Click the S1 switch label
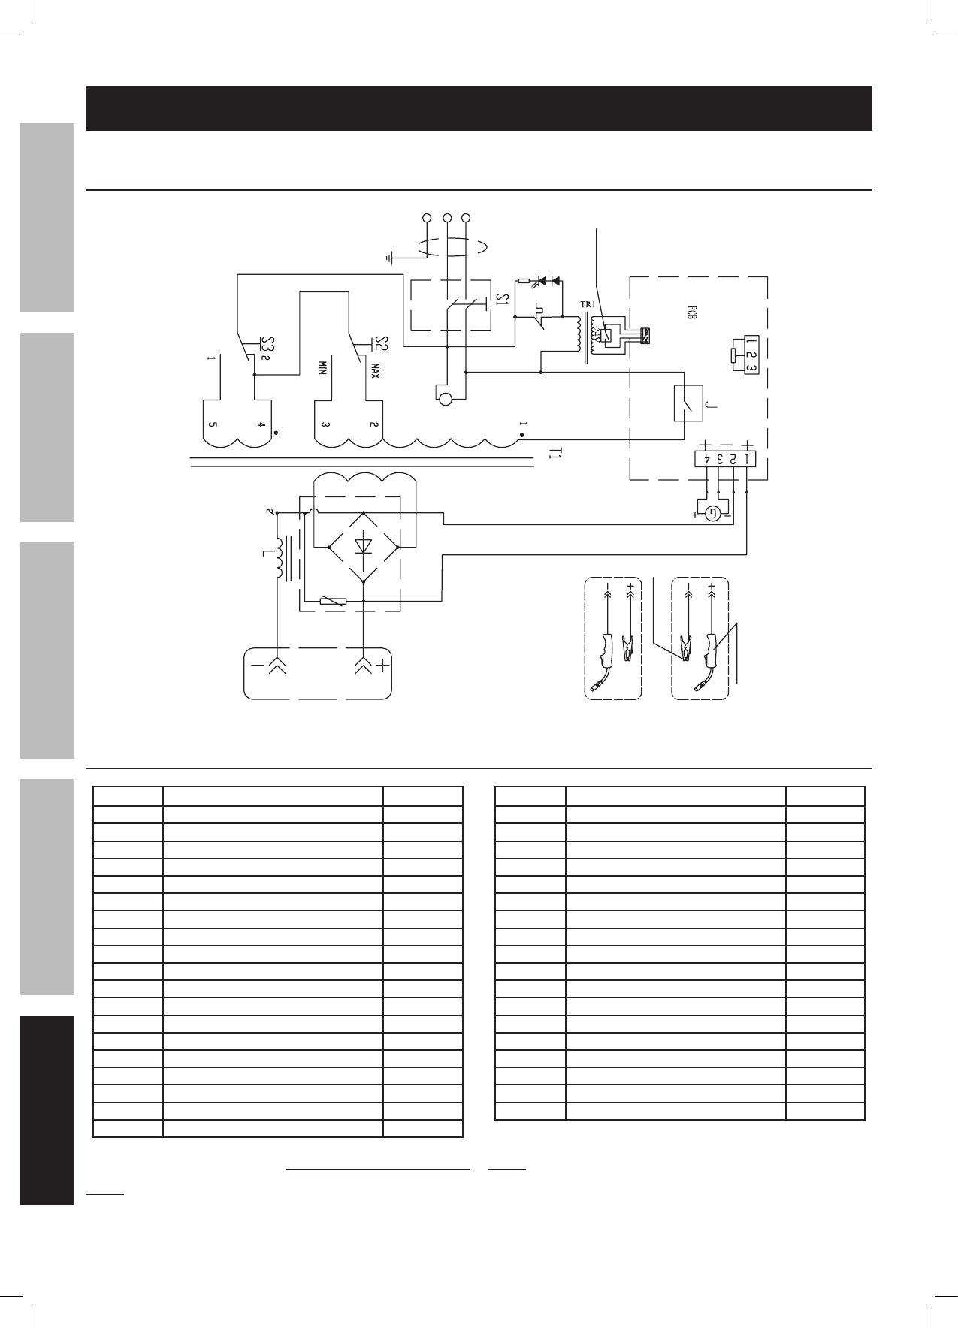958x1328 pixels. pyautogui.click(x=501, y=301)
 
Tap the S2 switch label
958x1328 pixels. pyautogui.click(x=381, y=344)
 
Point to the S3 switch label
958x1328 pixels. pyautogui.click(x=267, y=344)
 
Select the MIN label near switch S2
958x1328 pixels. pyautogui.click(x=322, y=369)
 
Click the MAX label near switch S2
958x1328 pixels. pyautogui.click(x=373, y=370)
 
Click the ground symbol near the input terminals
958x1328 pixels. pyautogui.click(x=389, y=258)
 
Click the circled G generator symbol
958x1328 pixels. pyautogui.click(x=712, y=514)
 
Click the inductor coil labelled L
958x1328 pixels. pyautogui.click(x=280, y=558)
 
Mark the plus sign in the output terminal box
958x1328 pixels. pyautogui.click(x=384, y=665)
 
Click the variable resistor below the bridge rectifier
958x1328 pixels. pyautogui.click(x=332, y=601)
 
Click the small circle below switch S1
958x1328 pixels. pyautogui.click(x=445, y=399)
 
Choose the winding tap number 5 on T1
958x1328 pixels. pyautogui.click(x=212, y=425)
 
